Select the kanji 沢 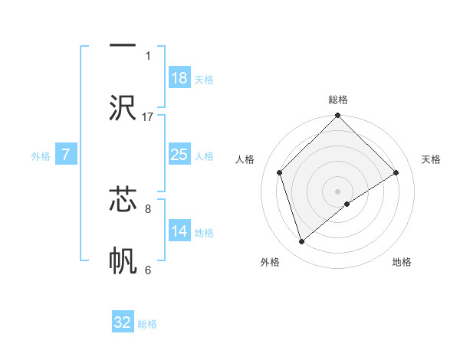click(x=123, y=108)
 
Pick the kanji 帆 click(x=123, y=261)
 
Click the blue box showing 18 click(x=179, y=77)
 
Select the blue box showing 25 click(x=179, y=155)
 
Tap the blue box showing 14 click(x=179, y=231)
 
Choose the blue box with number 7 click(x=66, y=155)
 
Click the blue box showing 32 click(x=123, y=322)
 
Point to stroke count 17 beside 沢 click(x=148, y=116)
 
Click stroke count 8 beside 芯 click(x=148, y=208)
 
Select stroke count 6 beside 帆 click(x=148, y=270)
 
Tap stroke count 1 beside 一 click(x=148, y=55)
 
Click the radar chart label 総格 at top click(x=338, y=100)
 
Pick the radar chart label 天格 click(x=431, y=159)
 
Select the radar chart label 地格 click(x=402, y=262)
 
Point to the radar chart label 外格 click(x=270, y=262)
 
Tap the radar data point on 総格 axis click(x=338, y=116)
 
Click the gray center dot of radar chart click(x=338, y=191)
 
